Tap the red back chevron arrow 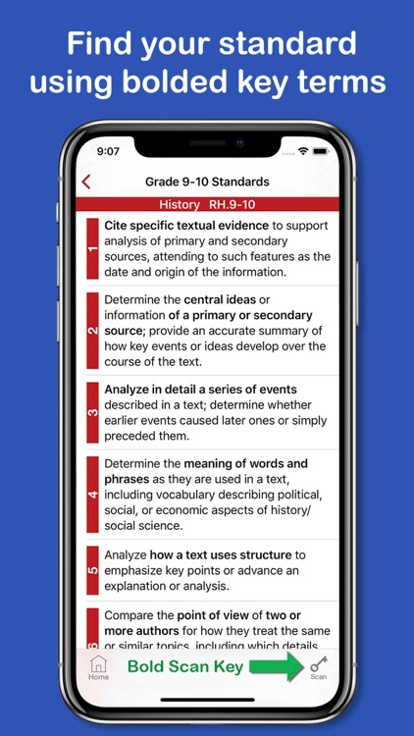click(86, 182)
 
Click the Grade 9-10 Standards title click(207, 182)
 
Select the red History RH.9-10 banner click(207, 204)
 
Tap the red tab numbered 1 click(93, 249)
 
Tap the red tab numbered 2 click(93, 331)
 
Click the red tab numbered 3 click(93, 412)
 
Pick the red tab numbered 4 click(93, 494)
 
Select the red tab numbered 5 click(93, 568)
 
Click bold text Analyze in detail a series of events click(200, 390)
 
